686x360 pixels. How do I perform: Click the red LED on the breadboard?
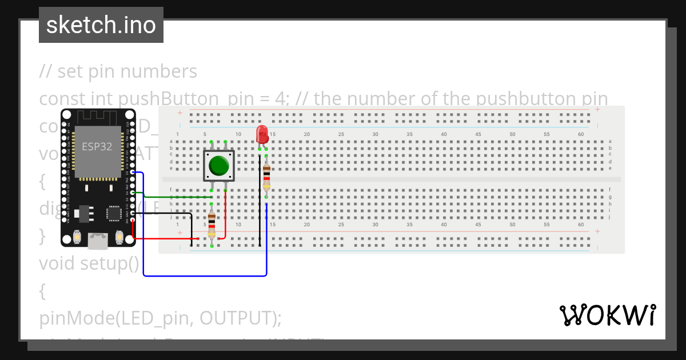pos(262,135)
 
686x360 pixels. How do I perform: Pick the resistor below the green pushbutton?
pos(212,224)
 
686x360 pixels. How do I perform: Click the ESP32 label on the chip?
pos(97,146)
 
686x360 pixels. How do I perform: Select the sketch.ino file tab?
pos(101,25)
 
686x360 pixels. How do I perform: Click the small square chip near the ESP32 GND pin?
pos(114,213)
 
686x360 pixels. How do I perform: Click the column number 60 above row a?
pos(581,134)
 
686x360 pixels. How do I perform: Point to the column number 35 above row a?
pos(409,134)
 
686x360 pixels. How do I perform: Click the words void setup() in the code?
pos(89,263)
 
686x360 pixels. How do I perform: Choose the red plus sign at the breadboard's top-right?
pos(597,109)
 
